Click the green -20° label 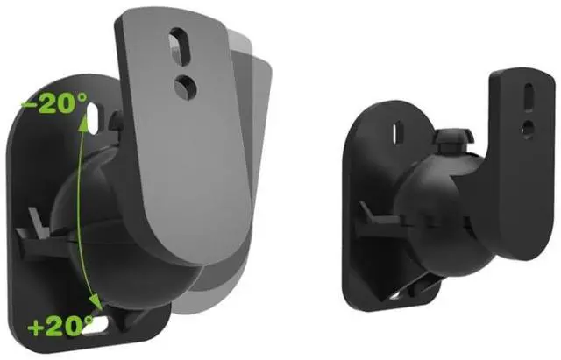click(x=53, y=103)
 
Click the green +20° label click(x=60, y=326)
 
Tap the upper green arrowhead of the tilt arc click(x=84, y=122)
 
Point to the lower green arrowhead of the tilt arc click(x=96, y=301)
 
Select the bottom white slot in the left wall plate click(x=96, y=325)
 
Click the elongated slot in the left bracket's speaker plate click(x=181, y=46)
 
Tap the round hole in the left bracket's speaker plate click(x=185, y=88)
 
